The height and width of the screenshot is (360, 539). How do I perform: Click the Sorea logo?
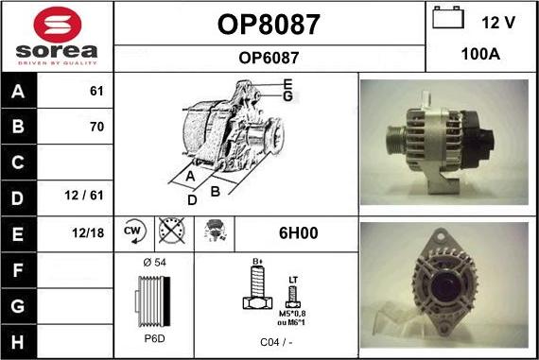tap(57, 36)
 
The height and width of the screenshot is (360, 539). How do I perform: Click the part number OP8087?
tap(269, 24)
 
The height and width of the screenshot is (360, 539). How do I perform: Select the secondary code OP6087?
tap(269, 58)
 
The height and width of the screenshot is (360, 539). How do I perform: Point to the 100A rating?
tap(479, 54)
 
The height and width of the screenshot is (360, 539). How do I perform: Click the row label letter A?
tap(19, 92)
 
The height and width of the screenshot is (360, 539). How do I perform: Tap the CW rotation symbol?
tap(132, 231)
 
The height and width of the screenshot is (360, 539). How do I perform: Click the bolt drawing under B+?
tap(254, 288)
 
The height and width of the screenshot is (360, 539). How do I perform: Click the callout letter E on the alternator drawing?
tap(287, 83)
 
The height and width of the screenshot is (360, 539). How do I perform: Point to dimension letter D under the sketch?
tap(192, 199)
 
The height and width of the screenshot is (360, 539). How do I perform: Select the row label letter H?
tap(19, 338)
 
